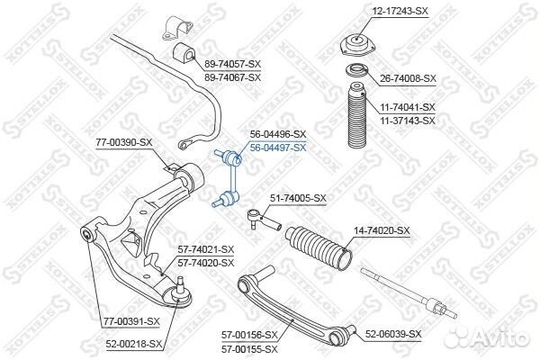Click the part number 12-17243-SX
pos(400,11)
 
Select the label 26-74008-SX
pos(408,78)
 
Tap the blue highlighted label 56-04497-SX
pos(278,148)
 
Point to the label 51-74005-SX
pos(298,198)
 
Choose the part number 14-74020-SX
pos(382,230)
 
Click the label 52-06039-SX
pos(393,334)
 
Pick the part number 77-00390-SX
pos(124,142)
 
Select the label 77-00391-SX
pos(132,321)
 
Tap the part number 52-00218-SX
pos(134,344)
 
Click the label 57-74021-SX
pos(206,249)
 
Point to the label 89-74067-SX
pos(233,77)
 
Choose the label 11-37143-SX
pos(408,121)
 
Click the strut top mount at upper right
pos(358,45)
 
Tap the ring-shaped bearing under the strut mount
pos(356,72)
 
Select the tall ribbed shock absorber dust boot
pos(356,115)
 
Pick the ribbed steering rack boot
pos(319,247)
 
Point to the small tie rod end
pos(265,220)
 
